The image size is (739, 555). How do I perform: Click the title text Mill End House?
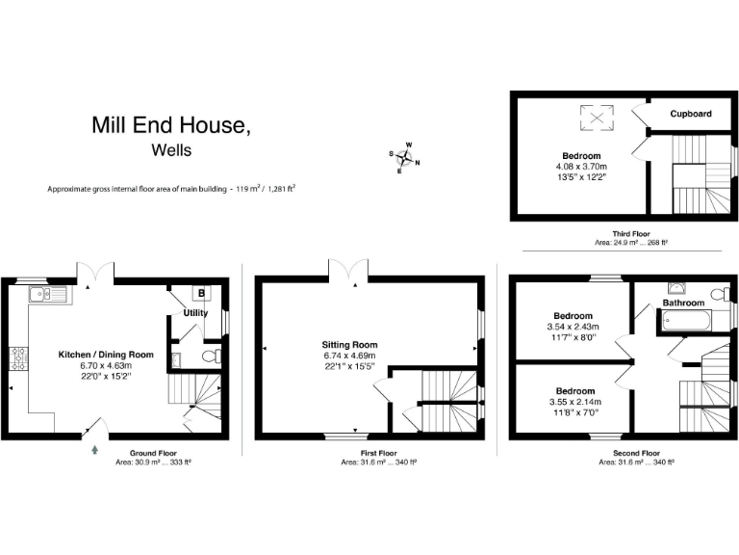click(x=171, y=124)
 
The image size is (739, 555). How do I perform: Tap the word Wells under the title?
click(x=171, y=150)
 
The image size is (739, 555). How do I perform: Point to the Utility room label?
click(x=196, y=312)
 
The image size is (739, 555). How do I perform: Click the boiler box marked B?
click(x=202, y=293)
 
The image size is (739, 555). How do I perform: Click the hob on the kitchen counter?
click(x=18, y=358)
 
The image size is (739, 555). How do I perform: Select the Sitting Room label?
click(x=349, y=344)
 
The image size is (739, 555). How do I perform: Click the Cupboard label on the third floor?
click(x=691, y=114)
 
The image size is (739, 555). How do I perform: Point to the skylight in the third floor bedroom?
click(x=598, y=119)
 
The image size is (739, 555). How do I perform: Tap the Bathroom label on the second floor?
click(x=683, y=303)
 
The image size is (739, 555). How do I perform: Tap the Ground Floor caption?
click(x=152, y=452)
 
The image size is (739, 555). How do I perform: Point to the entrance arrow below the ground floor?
click(x=94, y=448)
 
